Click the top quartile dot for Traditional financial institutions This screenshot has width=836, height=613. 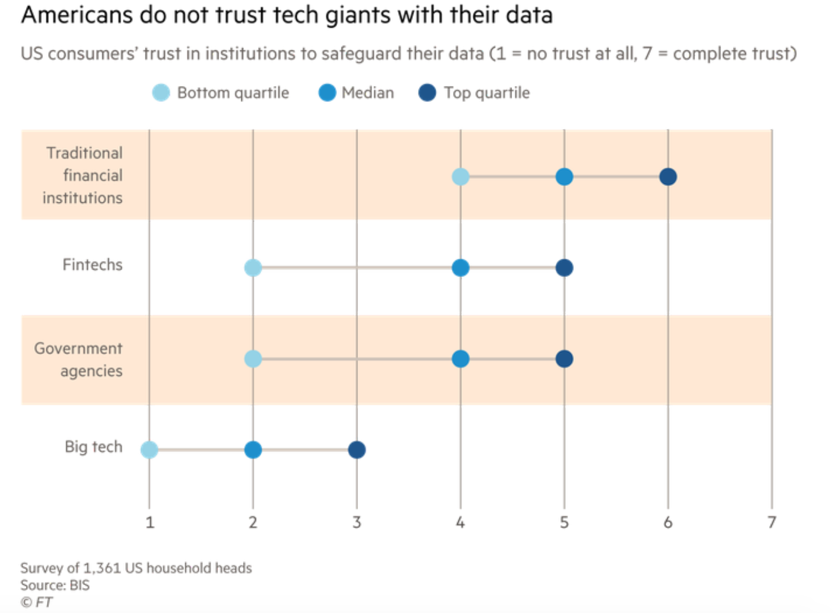coord(668,177)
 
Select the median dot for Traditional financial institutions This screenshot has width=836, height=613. coord(564,177)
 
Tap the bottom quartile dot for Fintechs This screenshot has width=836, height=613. coord(253,267)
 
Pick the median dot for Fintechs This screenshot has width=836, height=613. coord(460,267)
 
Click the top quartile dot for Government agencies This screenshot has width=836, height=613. coord(564,359)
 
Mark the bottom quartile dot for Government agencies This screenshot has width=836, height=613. coord(253,359)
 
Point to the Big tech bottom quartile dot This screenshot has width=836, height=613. coord(150,450)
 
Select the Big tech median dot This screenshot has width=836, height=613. coord(253,450)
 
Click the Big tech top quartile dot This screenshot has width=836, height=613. coord(357,450)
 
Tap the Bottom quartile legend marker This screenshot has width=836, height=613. coord(161,92)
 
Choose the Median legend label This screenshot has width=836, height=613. coord(368,92)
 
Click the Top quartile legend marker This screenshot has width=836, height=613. coord(427,92)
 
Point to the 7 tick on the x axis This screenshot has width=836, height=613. coord(771,522)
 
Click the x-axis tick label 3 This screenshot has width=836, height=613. coord(357,522)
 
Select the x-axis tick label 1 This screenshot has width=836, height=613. coord(150,522)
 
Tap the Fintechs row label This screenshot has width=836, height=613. coord(92,265)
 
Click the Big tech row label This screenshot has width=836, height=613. coord(93,446)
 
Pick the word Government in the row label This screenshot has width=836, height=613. coord(78,348)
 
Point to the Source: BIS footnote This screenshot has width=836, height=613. coord(55,585)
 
